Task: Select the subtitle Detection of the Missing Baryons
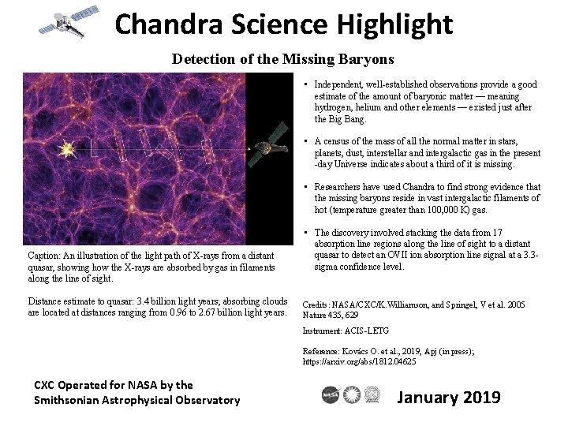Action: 283,59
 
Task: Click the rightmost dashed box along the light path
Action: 207,150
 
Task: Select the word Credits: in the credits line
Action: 318,304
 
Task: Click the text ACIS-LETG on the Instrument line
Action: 367,331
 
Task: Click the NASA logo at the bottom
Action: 331,395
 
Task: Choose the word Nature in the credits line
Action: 317,314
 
